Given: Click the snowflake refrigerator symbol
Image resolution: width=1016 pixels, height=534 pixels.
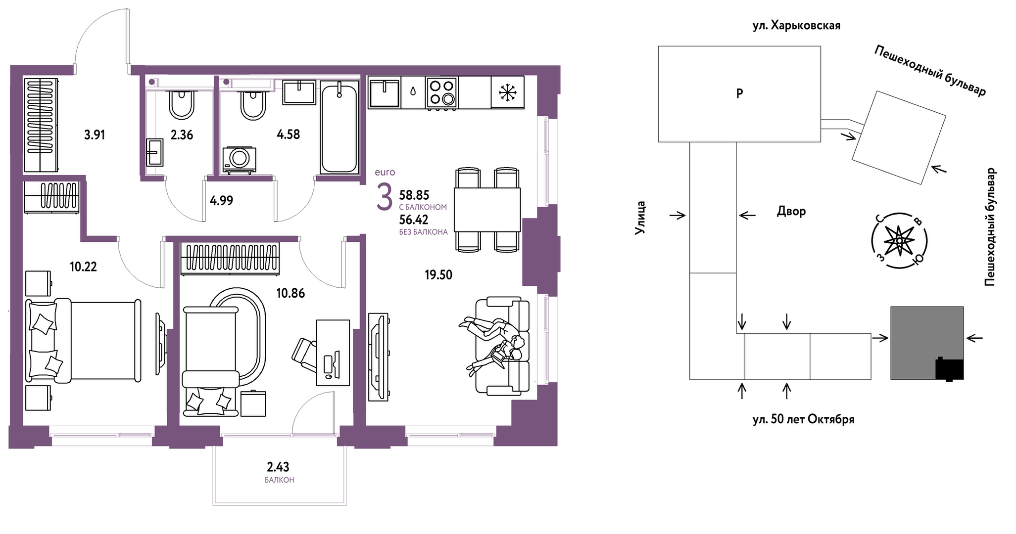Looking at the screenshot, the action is tap(507, 92).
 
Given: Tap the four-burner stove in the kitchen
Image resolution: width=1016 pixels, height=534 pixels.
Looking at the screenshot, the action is tap(441, 92).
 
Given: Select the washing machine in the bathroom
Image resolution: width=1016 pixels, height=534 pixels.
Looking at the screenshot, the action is tap(240, 160).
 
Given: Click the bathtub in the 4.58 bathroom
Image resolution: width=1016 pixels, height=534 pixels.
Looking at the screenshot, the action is tap(339, 128).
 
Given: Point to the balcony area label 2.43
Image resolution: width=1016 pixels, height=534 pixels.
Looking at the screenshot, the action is tap(278, 467).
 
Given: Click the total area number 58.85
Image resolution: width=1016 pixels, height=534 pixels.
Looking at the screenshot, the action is tap(414, 195).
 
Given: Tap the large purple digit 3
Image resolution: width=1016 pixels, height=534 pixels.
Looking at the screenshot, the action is tap(385, 197).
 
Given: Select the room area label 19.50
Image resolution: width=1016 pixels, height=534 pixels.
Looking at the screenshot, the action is tap(438, 275).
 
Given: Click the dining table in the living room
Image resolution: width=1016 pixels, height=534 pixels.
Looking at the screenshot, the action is tap(487, 210).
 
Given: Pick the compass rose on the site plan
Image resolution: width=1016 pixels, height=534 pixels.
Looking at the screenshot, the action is tap(899, 241).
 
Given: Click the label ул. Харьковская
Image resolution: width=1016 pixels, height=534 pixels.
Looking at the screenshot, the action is tap(796, 26).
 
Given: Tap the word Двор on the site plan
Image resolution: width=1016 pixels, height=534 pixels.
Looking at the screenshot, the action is tap(791, 212).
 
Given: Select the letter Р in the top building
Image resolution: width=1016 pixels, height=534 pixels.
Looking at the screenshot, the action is tap(739, 93).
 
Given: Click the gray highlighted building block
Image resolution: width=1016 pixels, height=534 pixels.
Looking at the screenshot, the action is tap(927, 343).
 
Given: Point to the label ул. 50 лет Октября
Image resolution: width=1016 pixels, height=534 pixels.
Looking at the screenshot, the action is tap(804, 419).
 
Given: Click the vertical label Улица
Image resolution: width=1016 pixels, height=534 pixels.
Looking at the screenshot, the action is tap(640, 217).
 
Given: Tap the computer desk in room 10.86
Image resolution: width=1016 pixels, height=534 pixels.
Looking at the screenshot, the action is tap(333, 353).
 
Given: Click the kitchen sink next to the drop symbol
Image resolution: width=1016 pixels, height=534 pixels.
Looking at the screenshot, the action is tap(384, 92).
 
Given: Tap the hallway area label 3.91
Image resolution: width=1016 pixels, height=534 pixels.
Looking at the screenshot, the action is tap(95, 134).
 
